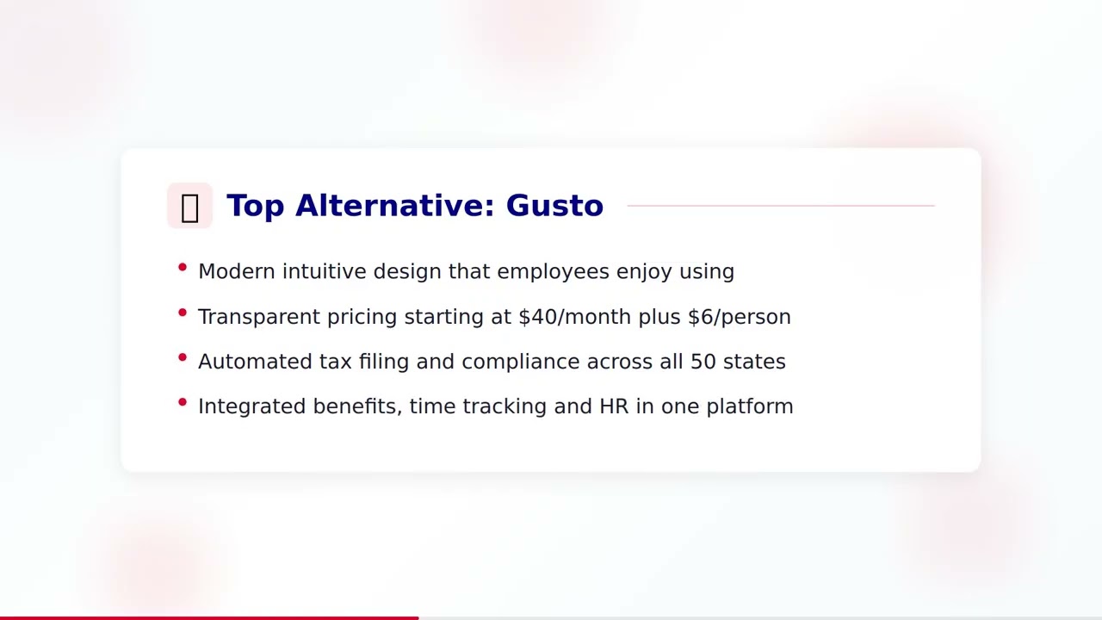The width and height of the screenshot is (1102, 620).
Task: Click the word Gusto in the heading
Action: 554,206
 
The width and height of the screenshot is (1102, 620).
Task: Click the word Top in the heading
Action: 256,206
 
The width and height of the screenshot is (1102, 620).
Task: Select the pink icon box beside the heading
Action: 189,206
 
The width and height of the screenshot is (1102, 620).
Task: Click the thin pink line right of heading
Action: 780,206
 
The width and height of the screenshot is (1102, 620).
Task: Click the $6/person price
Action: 739,317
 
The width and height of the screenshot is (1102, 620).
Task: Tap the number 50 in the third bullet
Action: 703,362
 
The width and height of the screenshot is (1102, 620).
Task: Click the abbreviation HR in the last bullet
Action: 614,406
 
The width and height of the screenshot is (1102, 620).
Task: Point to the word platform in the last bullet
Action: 749,406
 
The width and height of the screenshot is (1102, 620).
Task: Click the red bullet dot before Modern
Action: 183,268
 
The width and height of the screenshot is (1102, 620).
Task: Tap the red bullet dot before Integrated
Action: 183,402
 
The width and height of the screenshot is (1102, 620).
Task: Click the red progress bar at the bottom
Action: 209,617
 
